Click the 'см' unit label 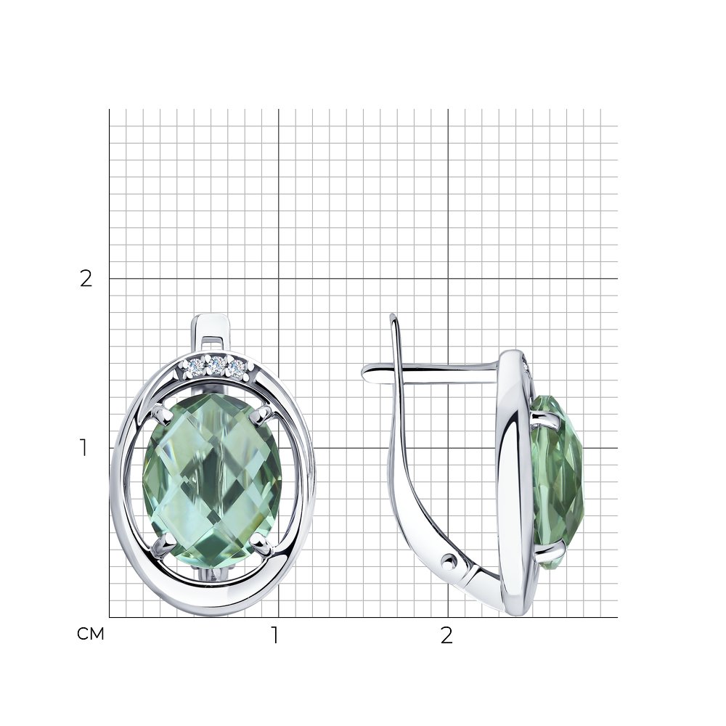(x=90, y=634)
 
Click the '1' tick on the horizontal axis (x=275, y=636)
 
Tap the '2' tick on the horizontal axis (x=446, y=636)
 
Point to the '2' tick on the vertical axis (x=86, y=278)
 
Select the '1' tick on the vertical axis (x=83, y=448)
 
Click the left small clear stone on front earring (x=195, y=364)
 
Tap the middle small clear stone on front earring (x=216, y=364)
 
